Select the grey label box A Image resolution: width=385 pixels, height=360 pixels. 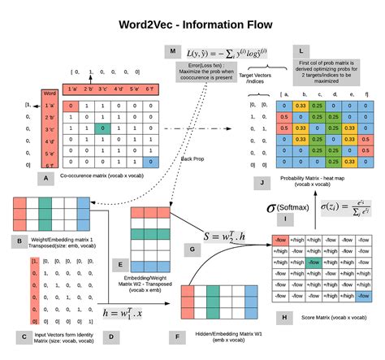pos(48,176)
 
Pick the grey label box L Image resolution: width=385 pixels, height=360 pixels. pos(301,50)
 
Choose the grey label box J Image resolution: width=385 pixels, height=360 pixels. pos(262,184)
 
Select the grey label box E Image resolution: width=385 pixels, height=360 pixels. pos(121,264)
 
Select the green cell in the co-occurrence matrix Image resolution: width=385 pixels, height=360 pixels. pos(98,128)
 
